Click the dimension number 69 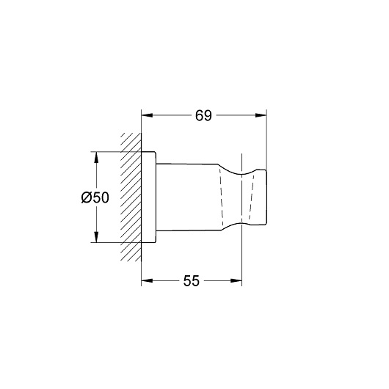pos(203,116)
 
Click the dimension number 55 pos(192,281)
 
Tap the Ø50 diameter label pos(95,197)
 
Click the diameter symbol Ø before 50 pos(87,197)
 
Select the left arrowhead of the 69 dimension pos(147,115)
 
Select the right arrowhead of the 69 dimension pos(261,115)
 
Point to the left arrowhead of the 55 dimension pos(147,281)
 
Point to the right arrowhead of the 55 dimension pos(236,281)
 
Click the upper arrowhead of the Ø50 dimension pos(96,157)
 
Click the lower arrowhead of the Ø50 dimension pos(96,236)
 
